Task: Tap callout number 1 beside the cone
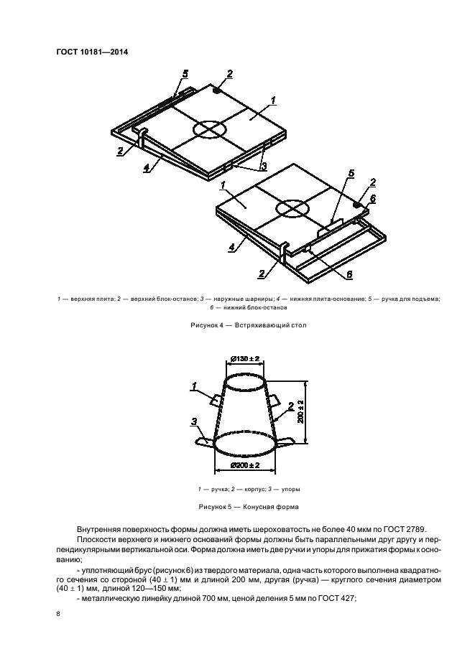click(x=194, y=386)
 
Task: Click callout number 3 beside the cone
click(x=194, y=421)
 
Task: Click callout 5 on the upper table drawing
click(x=185, y=73)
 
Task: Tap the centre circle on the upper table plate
click(x=209, y=129)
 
